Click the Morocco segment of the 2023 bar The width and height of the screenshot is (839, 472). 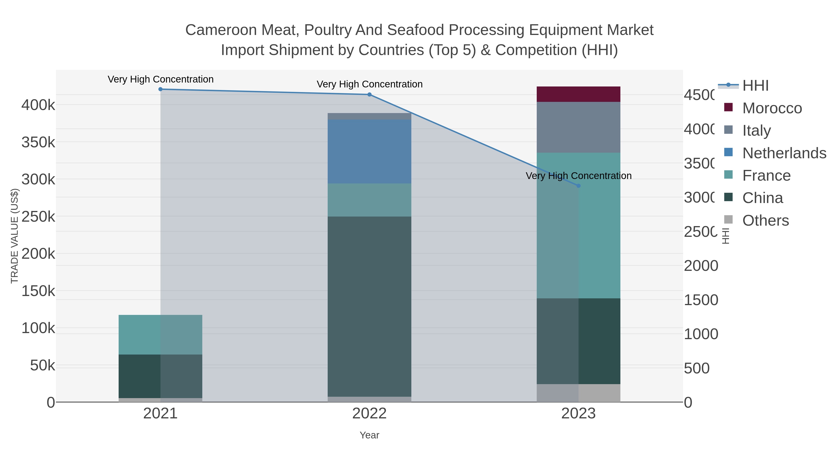pyautogui.click(x=578, y=94)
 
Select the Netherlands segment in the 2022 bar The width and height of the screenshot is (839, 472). pyautogui.click(x=369, y=152)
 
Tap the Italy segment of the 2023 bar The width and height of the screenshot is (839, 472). pyautogui.click(x=578, y=127)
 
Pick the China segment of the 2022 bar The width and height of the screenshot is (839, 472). pyautogui.click(x=369, y=306)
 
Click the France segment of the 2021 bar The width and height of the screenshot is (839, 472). pyautogui.click(x=160, y=334)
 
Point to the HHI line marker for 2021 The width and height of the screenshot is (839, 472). pyautogui.click(x=160, y=89)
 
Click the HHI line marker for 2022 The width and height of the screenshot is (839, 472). pyautogui.click(x=369, y=94)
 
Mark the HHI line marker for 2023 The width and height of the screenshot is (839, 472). pyautogui.click(x=578, y=186)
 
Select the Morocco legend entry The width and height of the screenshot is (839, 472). pyautogui.click(x=772, y=108)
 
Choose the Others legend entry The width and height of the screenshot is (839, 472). pyautogui.click(x=765, y=220)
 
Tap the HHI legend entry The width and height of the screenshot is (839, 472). pyautogui.click(x=755, y=86)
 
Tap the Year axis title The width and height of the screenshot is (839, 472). pyautogui.click(x=369, y=435)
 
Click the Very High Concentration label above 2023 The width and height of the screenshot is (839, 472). pyautogui.click(x=578, y=176)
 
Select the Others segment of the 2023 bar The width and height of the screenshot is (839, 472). pyautogui.click(x=578, y=393)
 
